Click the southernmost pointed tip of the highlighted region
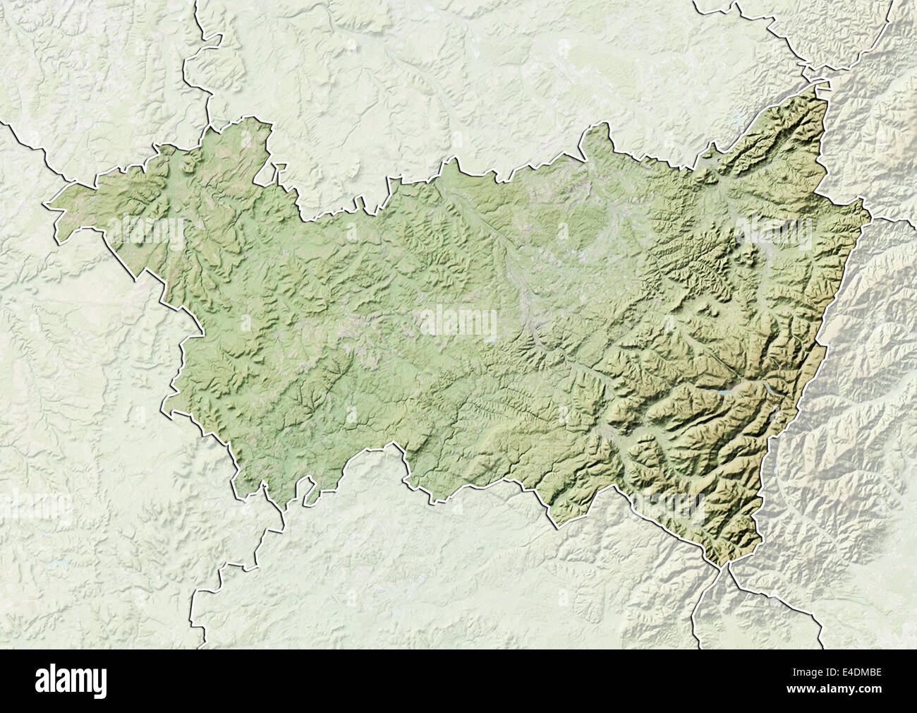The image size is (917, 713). click(x=722, y=565)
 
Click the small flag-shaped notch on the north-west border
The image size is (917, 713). click(x=279, y=169)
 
